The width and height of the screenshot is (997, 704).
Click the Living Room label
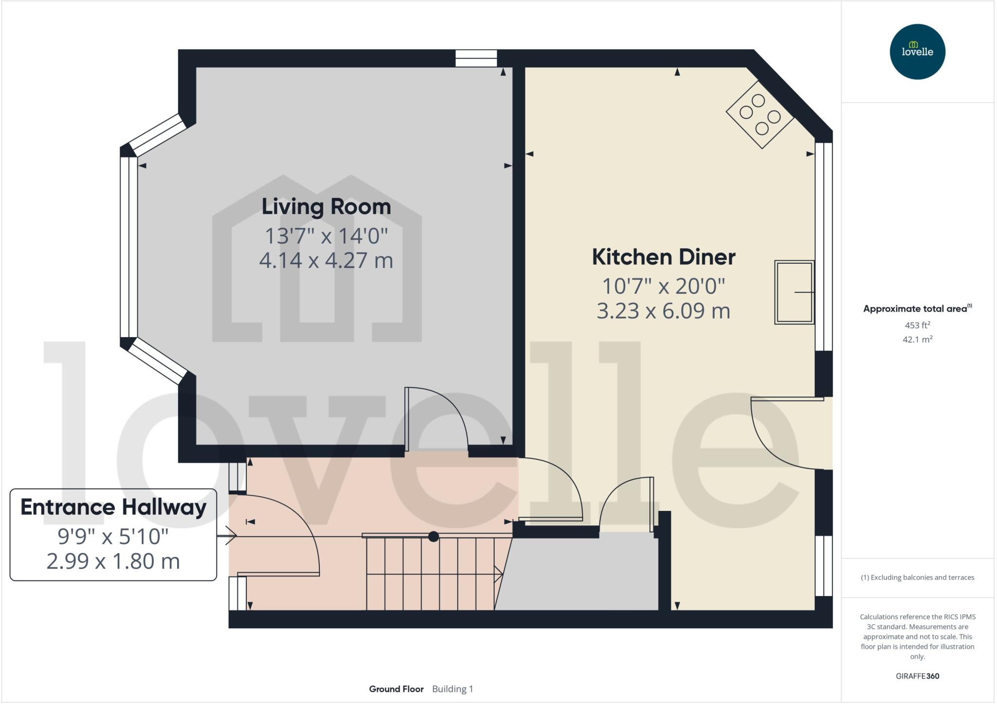pyautogui.click(x=326, y=207)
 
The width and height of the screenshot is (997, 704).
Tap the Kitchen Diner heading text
pyautogui.click(x=663, y=257)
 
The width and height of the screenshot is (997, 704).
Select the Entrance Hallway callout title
pyautogui.click(x=113, y=507)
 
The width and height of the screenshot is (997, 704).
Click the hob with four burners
pyautogui.click(x=759, y=115)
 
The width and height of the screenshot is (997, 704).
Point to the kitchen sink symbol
pyautogui.click(x=794, y=292)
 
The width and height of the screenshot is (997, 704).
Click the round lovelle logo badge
pyautogui.click(x=917, y=52)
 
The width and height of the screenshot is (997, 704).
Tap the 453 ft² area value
pyautogui.click(x=917, y=325)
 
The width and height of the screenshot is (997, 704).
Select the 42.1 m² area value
pyautogui.click(x=917, y=340)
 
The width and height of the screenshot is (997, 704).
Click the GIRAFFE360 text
pyautogui.click(x=917, y=676)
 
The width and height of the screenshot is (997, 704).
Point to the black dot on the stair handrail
pyautogui.click(x=433, y=537)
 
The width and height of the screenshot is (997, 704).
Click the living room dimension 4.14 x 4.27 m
pyautogui.click(x=326, y=261)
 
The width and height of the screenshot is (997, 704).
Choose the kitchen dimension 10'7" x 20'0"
pyautogui.click(x=663, y=286)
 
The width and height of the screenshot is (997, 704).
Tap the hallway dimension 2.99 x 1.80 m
pyautogui.click(x=113, y=561)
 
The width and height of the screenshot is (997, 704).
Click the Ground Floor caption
pyautogui.click(x=396, y=689)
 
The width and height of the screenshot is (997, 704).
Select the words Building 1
pyautogui.click(x=452, y=689)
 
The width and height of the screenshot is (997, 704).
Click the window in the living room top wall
pyautogui.click(x=476, y=58)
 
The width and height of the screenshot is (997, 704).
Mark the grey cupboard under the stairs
pyautogui.click(x=579, y=574)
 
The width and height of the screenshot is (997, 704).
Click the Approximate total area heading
pyautogui.click(x=915, y=308)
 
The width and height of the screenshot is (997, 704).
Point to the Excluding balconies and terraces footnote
pyautogui.click(x=917, y=578)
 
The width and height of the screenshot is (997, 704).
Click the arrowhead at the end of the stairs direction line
pyautogui.click(x=499, y=574)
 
